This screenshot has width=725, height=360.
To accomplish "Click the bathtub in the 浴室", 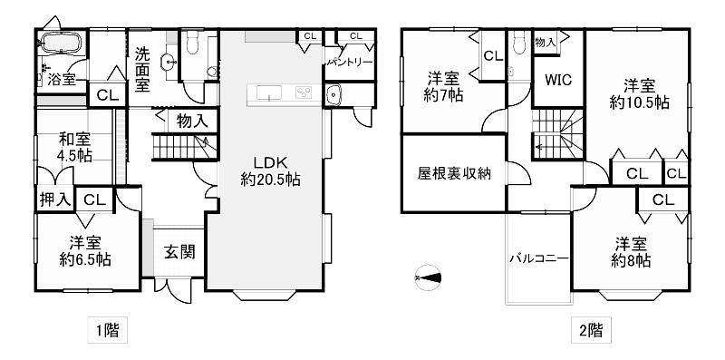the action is (x=62, y=43).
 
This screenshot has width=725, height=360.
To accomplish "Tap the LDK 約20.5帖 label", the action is (x=270, y=170).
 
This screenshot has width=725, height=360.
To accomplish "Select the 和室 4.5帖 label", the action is (x=74, y=147).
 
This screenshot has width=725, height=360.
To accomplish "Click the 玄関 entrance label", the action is (x=179, y=252).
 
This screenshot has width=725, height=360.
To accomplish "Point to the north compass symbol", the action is (x=428, y=278).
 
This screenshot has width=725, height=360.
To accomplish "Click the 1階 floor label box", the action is (x=107, y=331).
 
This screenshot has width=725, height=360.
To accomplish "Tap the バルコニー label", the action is (x=539, y=258).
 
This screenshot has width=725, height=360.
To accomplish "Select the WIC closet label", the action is (x=558, y=80).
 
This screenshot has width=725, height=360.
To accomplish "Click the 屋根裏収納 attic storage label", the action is (x=454, y=173).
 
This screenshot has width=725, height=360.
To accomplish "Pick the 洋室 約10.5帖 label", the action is (x=639, y=94).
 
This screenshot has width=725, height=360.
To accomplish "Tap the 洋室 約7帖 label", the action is (x=444, y=86).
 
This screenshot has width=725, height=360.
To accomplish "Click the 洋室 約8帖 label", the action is (x=631, y=252).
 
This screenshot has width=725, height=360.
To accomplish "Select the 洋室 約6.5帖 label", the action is (x=85, y=251).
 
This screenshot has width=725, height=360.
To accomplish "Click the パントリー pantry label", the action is (x=350, y=63).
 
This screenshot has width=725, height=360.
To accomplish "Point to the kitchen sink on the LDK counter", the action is (x=268, y=92).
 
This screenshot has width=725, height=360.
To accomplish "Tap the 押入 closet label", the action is (x=55, y=199).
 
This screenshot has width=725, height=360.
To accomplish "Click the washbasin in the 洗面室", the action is (x=169, y=62).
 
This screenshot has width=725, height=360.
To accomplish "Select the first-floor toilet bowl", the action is (x=192, y=42).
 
